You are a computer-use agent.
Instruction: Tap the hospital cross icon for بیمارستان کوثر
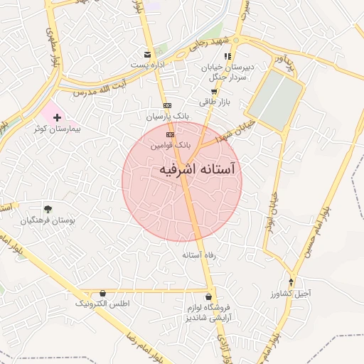pos(57,116)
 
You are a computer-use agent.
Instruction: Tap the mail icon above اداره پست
pos(148,54)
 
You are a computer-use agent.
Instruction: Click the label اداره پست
pos(147,65)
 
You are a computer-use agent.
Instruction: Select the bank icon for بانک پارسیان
pos(167,105)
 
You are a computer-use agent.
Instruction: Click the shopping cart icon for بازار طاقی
pos(214,92)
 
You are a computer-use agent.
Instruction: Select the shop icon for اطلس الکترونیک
pos(103,292)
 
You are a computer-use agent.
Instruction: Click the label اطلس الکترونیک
pos(103,304)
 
